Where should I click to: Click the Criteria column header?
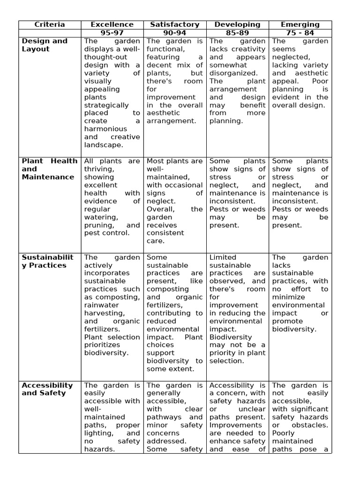[x=50, y=24]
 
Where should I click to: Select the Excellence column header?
[x=112, y=24]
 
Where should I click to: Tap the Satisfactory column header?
[x=175, y=24]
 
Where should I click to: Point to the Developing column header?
[x=237, y=24]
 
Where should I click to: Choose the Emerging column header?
[x=300, y=24]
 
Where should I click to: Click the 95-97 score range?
[x=112, y=33]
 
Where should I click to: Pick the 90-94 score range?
[x=175, y=33]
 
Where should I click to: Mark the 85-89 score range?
[x=237, y=33]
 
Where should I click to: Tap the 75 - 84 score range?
[x=300, y=33]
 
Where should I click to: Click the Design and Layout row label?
[x=45, y=45]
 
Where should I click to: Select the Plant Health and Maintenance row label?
[x=49, y=169]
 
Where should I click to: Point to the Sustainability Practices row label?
[x=47, y=261]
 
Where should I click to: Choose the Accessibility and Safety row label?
[x=47, y=389]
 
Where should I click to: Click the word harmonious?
[x=105, y=129]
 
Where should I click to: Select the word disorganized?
[x=233, y=73]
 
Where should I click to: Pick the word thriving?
[x=99, y=169]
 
